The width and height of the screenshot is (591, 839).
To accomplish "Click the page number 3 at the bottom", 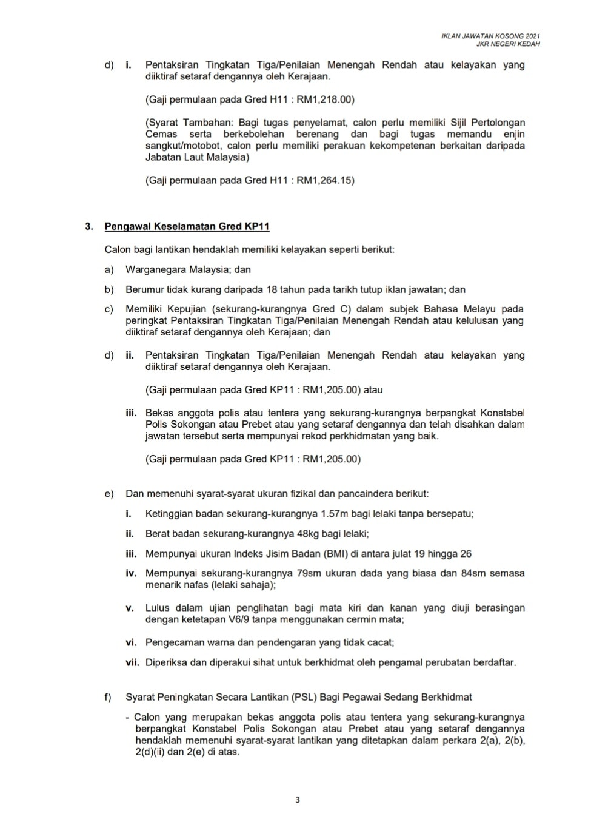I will coord(297,800).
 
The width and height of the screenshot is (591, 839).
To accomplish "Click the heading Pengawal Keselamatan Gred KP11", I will coord(187,227).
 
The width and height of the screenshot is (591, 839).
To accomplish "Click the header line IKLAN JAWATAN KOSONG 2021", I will coord(491,36).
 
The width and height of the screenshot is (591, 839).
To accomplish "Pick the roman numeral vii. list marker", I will coord(132,662).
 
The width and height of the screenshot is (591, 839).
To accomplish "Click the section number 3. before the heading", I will coord(89,227).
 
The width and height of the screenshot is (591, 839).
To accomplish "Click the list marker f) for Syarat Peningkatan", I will coord(109,698).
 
